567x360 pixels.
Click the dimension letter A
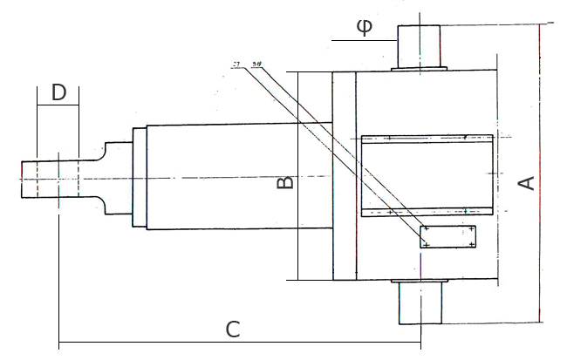tap(526, 183)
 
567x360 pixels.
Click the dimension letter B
tap(284, 182)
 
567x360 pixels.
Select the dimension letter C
tap(233, 329)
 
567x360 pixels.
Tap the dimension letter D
tap(58, 93)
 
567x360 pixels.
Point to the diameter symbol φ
tap(365, 27)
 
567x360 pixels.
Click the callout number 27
tap(236, 65)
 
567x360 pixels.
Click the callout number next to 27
tap(256, 65)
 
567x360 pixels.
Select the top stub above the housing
tap(420, 47)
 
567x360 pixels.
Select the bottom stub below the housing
tap(420, 302)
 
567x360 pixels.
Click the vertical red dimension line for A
tap(541, 174)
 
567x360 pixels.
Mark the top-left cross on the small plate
tap(426, 229)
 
